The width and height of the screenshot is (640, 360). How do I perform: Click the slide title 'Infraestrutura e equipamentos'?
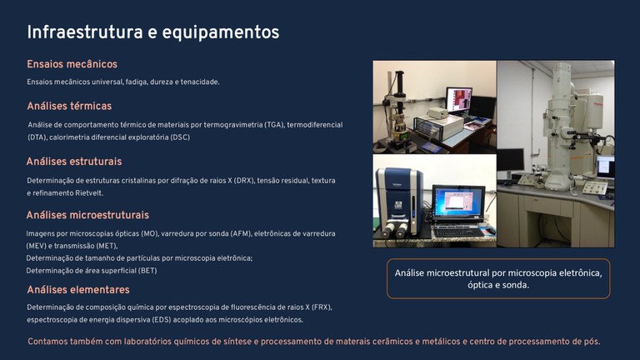152,32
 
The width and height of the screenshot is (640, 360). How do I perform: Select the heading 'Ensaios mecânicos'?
72,64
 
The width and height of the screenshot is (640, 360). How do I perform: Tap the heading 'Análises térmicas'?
69,106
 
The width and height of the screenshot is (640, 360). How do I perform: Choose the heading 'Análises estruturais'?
74,161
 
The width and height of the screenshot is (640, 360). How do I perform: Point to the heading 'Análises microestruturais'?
87,215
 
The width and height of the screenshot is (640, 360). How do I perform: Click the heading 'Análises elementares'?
78,289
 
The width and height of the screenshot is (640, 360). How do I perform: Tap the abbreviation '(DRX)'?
242,180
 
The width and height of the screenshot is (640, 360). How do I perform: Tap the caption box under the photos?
497,278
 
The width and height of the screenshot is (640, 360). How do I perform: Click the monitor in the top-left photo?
458,100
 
